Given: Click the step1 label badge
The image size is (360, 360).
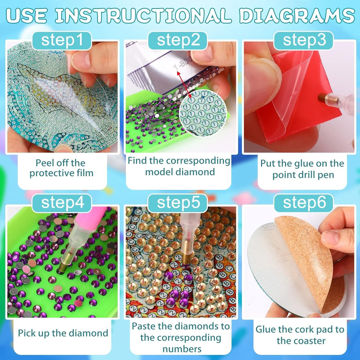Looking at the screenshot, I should [62, 41].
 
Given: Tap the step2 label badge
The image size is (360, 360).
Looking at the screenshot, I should [178, 41].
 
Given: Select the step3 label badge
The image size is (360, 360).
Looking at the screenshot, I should [304, 41].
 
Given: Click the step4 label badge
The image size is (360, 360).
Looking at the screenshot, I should [62, 203].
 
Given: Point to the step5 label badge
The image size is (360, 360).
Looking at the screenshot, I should [178, 203].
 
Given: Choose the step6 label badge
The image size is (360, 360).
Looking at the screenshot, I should [304, 203].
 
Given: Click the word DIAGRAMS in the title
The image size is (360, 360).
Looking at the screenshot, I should [297, 15].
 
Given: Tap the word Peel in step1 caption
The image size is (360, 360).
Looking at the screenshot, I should [44, 163].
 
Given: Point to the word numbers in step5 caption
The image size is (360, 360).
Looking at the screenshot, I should [181, 349].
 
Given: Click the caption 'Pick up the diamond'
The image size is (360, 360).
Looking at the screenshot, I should [63, 333].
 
